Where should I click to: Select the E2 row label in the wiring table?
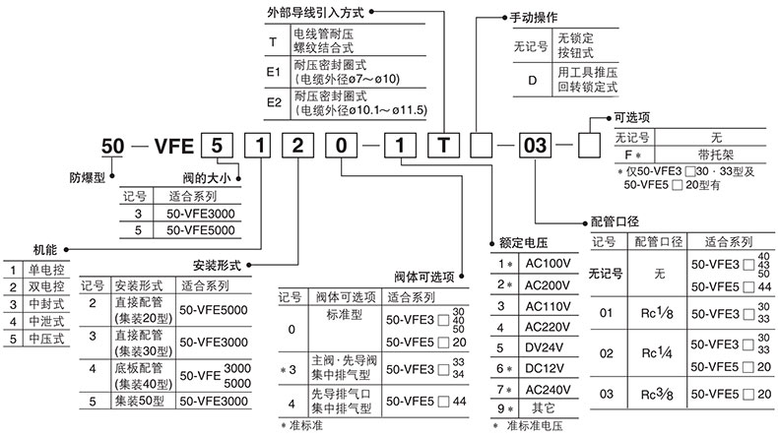pyautogui.click(x=274, y=102)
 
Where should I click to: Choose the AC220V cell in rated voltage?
pyautogui.click(x=547, y=326)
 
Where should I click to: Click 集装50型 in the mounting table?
pyautogui.click(x=135, y=402)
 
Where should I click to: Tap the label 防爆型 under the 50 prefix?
pyautogui.click(x=87, y=181)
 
